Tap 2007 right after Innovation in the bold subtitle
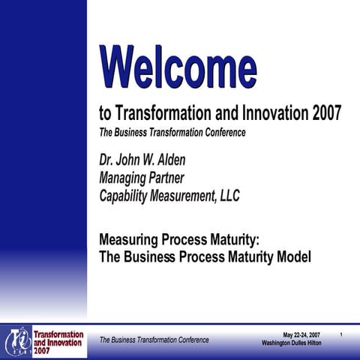(x=323, y=113)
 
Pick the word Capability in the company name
(x=127, y=196)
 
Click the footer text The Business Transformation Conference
(x=154, y=340)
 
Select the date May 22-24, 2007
(x=301, y=334)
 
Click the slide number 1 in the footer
(x=341, y=334)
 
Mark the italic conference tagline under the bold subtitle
(x=172, y=133)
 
